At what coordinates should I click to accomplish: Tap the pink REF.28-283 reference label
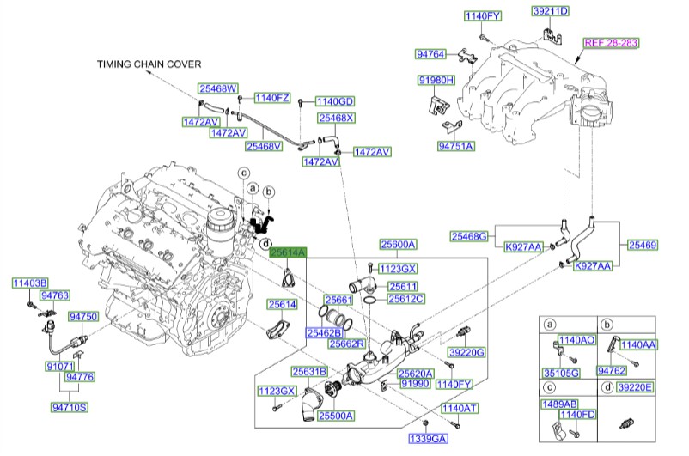tap(613, 41)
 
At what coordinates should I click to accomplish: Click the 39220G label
tap(466, 352)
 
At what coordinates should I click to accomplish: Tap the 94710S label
tap(72, 408)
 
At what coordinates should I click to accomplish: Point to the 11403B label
tap(30, 283)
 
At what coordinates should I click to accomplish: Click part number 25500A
tap(335, 416)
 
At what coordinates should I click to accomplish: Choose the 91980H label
tap(436, 81)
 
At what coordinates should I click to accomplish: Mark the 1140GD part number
tap(334, 100)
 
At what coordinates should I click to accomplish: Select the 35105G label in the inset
tap(563, 372)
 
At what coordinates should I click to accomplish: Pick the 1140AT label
tap(459, 408)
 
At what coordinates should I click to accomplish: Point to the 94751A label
tap(455, 146)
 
